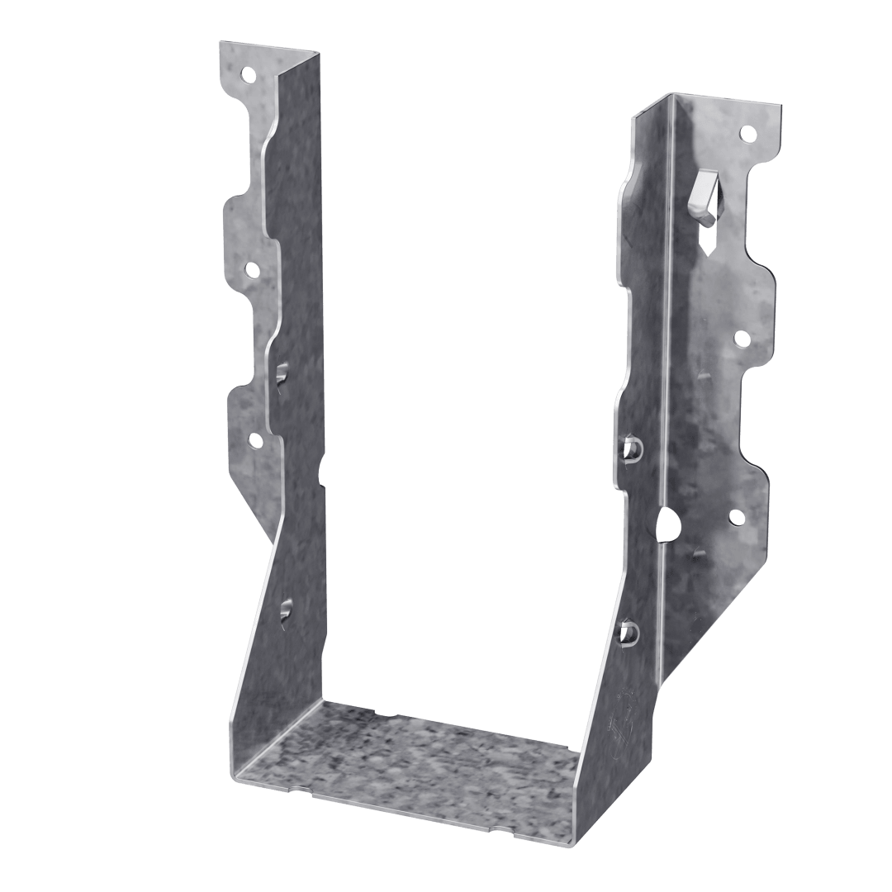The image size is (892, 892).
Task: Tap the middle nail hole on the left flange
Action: coord(250,269)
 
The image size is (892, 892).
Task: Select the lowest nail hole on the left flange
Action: coord(255,440)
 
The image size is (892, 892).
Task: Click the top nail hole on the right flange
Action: coord(747,132)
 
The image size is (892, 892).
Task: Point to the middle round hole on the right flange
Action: coord(741,338)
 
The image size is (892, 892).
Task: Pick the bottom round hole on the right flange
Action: coord(734,517)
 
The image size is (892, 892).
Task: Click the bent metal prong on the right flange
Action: coord(700,195)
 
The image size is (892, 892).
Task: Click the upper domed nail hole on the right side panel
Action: coord(633,447)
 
